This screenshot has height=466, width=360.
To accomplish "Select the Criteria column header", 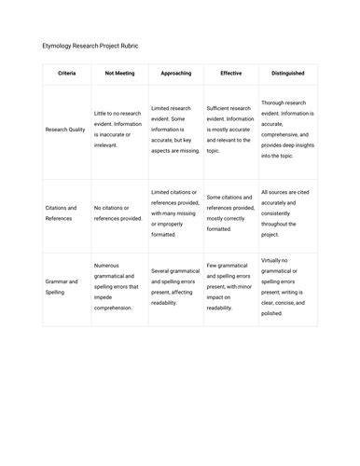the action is pos(67,73).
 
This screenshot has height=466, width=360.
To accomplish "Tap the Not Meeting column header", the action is pos(118,73).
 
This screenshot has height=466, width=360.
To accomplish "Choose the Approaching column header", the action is pos(175,73).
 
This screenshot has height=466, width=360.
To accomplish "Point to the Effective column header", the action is pos(230,73).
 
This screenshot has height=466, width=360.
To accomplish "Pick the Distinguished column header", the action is pos(287,73).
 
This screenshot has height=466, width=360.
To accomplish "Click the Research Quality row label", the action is pos(67,130).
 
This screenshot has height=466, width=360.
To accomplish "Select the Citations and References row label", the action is pos(64,213).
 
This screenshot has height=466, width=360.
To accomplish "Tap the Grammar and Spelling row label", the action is pos(62,286).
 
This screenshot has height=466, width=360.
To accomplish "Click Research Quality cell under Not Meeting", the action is pos(118,130).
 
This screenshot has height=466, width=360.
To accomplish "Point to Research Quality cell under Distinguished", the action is pos(287,130).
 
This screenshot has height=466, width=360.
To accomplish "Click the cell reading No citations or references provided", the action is pos(118,213).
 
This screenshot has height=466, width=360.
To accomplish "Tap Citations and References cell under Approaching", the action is pos(175,213).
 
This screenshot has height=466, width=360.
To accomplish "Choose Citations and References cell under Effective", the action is pos(230,213).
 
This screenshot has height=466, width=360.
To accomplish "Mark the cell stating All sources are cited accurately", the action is pos(287,213).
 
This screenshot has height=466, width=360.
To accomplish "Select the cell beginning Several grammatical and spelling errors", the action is pos(175,286).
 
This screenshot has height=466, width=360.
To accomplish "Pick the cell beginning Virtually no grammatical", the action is pos(287,286).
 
